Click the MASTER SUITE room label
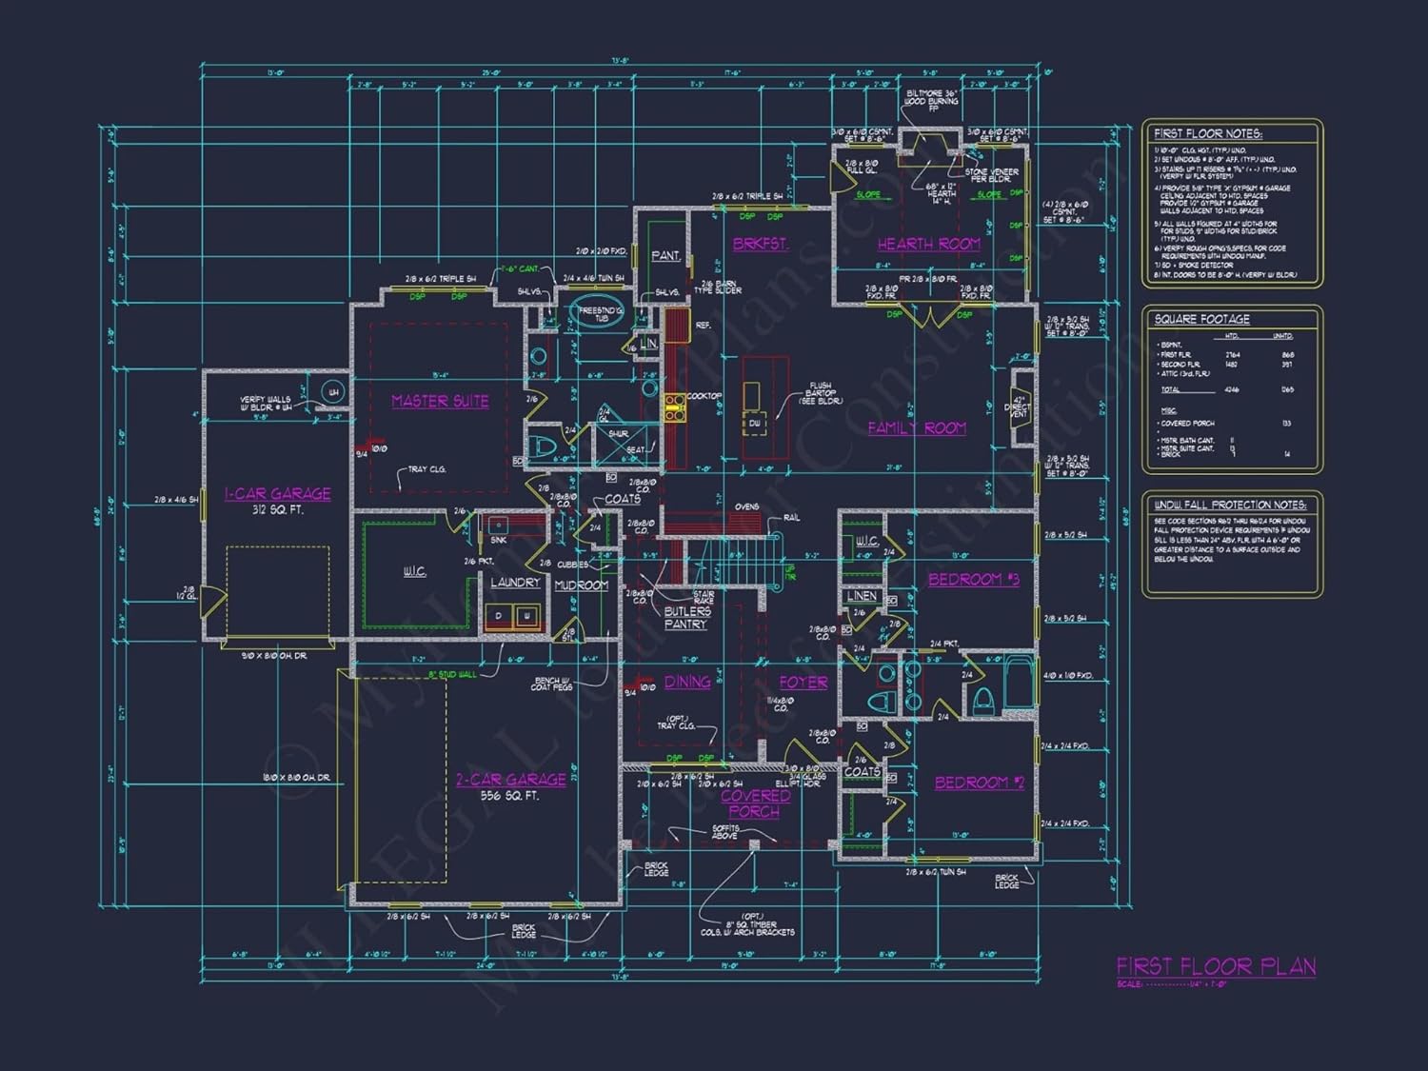(440, 402)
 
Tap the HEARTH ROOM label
(928, 244)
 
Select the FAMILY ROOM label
(916, 428)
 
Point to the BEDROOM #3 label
(973, 579)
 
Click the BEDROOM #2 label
(979, 783)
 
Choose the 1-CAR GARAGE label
(277, 493)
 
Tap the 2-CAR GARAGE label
(510, 780)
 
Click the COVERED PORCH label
(755, 803)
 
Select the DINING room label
(687, 682)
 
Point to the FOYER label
(803, 683)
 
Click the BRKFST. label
(760, 244)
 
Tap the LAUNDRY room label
(515, 582)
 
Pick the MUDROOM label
(581, 585)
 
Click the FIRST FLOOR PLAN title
(1216, 966)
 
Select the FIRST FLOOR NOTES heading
(1207, 133)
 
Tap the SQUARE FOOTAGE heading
(1201, 319)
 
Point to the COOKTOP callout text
(704, 396)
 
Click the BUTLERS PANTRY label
(686, 618)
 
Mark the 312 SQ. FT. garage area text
(277, 510)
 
